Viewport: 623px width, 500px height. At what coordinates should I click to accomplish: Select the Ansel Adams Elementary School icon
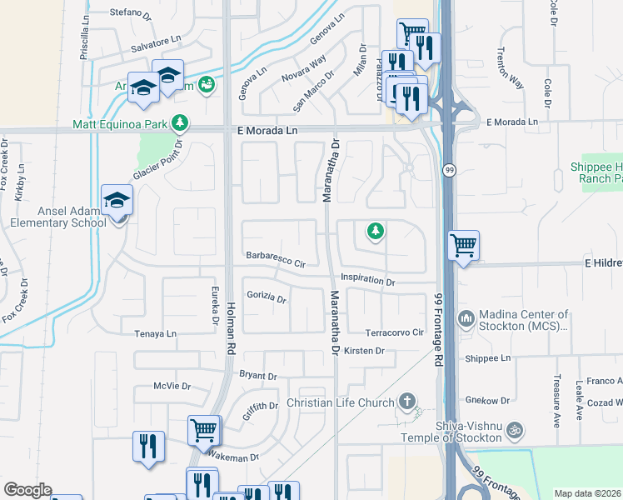(x=117, y=201)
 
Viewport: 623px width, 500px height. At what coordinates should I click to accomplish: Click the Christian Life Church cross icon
(x=407, y=402)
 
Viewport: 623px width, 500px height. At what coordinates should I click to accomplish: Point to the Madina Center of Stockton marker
(x=466, y=317)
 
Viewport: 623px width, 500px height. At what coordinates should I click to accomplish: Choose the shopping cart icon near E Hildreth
(x=464, y=246)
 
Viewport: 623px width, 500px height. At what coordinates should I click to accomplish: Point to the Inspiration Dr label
(x=367, y=282)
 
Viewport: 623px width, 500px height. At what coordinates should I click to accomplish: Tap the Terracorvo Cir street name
(x=395, y=332)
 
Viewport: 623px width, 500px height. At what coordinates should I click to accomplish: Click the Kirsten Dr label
(x=364, y=351)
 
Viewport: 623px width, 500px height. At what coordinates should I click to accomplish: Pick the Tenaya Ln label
(x=156, y=333)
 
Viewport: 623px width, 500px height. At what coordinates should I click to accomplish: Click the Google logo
(x=27, y=490)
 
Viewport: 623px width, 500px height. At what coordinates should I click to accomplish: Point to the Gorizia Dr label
(x=267, y=297)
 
